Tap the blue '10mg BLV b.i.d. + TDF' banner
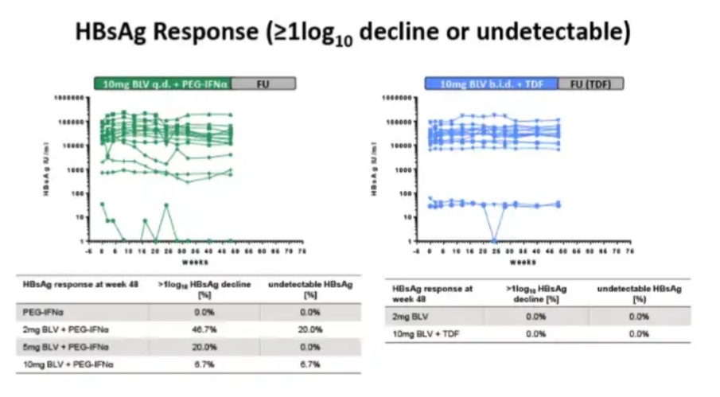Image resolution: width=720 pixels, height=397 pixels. (x=491, y=82)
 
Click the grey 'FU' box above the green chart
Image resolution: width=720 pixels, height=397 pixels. (x=263, y=82)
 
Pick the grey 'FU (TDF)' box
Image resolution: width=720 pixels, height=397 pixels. (x=590, y=82)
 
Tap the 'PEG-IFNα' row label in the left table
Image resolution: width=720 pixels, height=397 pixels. (x=37, y=313)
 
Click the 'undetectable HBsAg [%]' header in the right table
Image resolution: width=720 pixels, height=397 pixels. (x=639, y=293)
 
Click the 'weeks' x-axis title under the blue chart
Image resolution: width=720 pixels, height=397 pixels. (x=522, y=261)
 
